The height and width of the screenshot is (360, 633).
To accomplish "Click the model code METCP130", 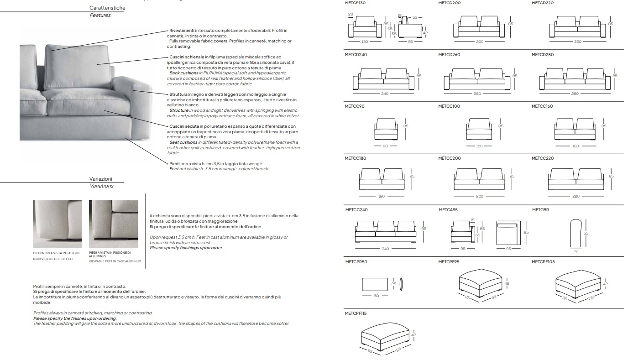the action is pyautogui.click(x=355, y=3).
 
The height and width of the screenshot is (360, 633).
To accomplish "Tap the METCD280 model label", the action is pyautogui.click(x=543, y=55).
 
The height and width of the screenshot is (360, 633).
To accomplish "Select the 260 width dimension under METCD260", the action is pyautogui.click(x=477, y=94).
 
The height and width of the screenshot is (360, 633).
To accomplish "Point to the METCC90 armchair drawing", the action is pyautogui.click(x=386, y=129).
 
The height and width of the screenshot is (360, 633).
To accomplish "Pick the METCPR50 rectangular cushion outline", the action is pyautogui.click(x=375, y=284).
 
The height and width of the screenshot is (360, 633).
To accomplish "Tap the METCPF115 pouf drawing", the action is pyautogui.click(x=385, y=337).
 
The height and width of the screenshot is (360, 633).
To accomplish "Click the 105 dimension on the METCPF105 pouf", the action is pyautogui.click(x=591, y=297).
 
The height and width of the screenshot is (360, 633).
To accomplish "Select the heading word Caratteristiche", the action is pyautogui.click(x=107, y=8).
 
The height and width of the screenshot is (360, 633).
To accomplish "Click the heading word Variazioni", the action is pyautogui.click(x=100, y=179).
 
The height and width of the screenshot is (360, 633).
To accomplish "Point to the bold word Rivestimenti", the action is pyautogui.click(x=182, y=31).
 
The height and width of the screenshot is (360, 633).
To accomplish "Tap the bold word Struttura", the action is pyautogui.click(x=178, y=94).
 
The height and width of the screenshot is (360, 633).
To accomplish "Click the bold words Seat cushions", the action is pyautogui.click(x=183, y=142).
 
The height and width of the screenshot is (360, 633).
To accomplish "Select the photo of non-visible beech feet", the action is pyautogui.click(x=58, y=224).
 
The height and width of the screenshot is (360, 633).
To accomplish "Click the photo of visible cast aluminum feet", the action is pyautogui.click(x=113, y=224).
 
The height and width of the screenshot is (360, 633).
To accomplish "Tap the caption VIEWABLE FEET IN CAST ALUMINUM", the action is pyautogui.click(x=115, y=261).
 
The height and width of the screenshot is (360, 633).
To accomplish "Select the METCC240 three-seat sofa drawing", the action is pyautogui.click(x=386, y=232).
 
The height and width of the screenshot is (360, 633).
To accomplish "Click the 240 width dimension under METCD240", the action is pyautogui.click(x=385, y=94).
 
